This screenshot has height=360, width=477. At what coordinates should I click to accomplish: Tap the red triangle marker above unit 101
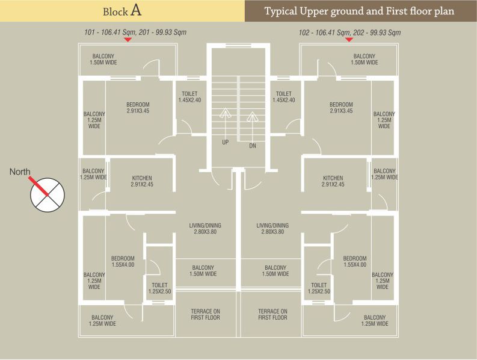[x=128, y=40]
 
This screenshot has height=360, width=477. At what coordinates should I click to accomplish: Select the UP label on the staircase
[x=225, y=143]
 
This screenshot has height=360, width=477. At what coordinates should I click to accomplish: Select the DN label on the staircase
[x=253, y=146]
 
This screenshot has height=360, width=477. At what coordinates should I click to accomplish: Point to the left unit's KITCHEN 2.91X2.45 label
[x=142, y=181]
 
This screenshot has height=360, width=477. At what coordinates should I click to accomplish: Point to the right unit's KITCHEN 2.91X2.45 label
[x=333, y=181]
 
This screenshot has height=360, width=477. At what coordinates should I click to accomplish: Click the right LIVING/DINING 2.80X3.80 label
[x=272, y=229]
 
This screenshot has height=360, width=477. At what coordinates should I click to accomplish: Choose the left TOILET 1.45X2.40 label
[x=190, y=97]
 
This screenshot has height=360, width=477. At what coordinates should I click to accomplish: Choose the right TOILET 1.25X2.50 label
[x=319, y=288]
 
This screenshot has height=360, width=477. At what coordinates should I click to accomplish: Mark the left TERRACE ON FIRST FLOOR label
[x=205, y=314]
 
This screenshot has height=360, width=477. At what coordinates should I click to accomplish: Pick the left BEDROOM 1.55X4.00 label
[x=123, y=261]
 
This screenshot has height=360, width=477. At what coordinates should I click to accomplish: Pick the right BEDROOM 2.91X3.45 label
[x=341, y=108]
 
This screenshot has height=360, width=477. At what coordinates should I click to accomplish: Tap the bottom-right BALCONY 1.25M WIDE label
[x=375, y=320]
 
